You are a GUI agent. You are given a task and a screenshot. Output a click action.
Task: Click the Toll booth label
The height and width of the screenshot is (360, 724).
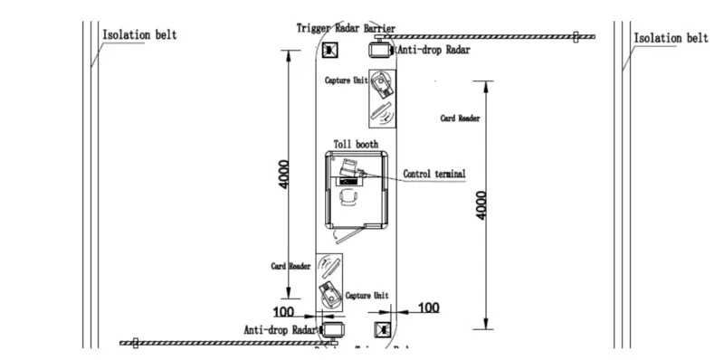pyautogui.click(x=356, y=145)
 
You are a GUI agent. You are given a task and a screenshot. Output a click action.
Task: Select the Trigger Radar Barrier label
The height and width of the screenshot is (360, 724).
pyautogui.click(x=346, y=28)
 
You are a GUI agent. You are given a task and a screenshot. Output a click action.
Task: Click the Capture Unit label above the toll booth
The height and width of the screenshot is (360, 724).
pyautogui.click(x=346, y=81)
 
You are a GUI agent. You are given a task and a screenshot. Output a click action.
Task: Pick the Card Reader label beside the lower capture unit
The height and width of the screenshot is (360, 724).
pyautogui.click(x=291, y=267)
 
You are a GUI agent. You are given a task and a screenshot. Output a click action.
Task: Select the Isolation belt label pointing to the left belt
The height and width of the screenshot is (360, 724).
pyautogui.click(x=139, y=35)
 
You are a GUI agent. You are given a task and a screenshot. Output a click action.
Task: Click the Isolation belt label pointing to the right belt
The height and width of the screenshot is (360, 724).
pyautogui.click(x=671, y=38)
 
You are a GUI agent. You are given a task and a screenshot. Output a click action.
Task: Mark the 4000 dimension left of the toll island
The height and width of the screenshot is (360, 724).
pyautogui.click(x=284, y=174)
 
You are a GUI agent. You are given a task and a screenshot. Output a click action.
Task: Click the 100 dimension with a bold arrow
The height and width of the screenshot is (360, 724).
pyautogui.click(x=429, y=308)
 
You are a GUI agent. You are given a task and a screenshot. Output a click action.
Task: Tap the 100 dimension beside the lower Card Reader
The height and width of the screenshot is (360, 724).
pyautogui.click(x=283, y=311)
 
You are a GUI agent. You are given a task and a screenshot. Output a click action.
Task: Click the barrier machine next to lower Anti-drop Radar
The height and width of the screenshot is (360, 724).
pyautogui.click(x=333, y=331)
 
